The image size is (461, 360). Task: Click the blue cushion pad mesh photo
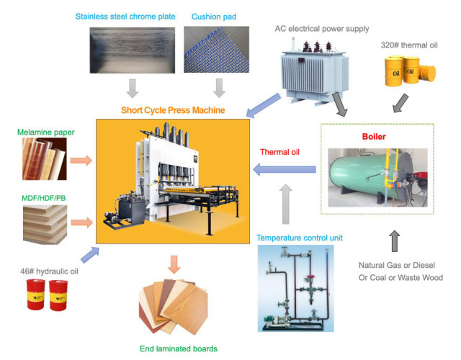[215, 50]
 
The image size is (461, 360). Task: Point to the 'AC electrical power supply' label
[322, 29]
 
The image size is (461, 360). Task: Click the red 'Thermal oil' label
[280, 152]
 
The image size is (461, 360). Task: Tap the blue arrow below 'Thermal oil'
[284, 171]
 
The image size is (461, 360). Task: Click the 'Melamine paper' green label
[48, 132]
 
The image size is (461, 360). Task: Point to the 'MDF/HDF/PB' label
[45, 196]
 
